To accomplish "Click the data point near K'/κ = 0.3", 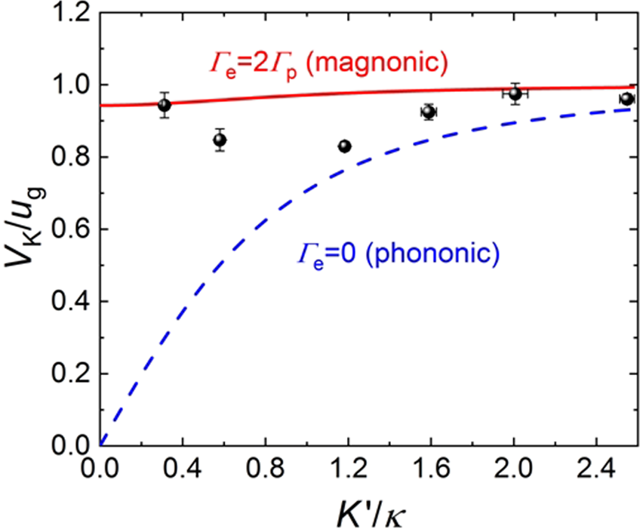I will coord(164,105).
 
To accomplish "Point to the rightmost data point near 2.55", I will coord(626,99).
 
